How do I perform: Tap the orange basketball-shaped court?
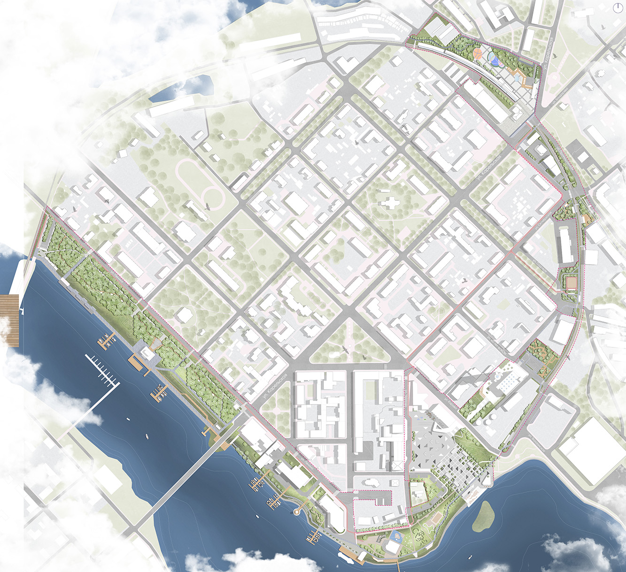click(478, 53)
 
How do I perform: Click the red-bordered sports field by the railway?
click(571, 283)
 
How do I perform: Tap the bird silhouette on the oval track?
click(207, 206)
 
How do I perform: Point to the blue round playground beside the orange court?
click(494, 59)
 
